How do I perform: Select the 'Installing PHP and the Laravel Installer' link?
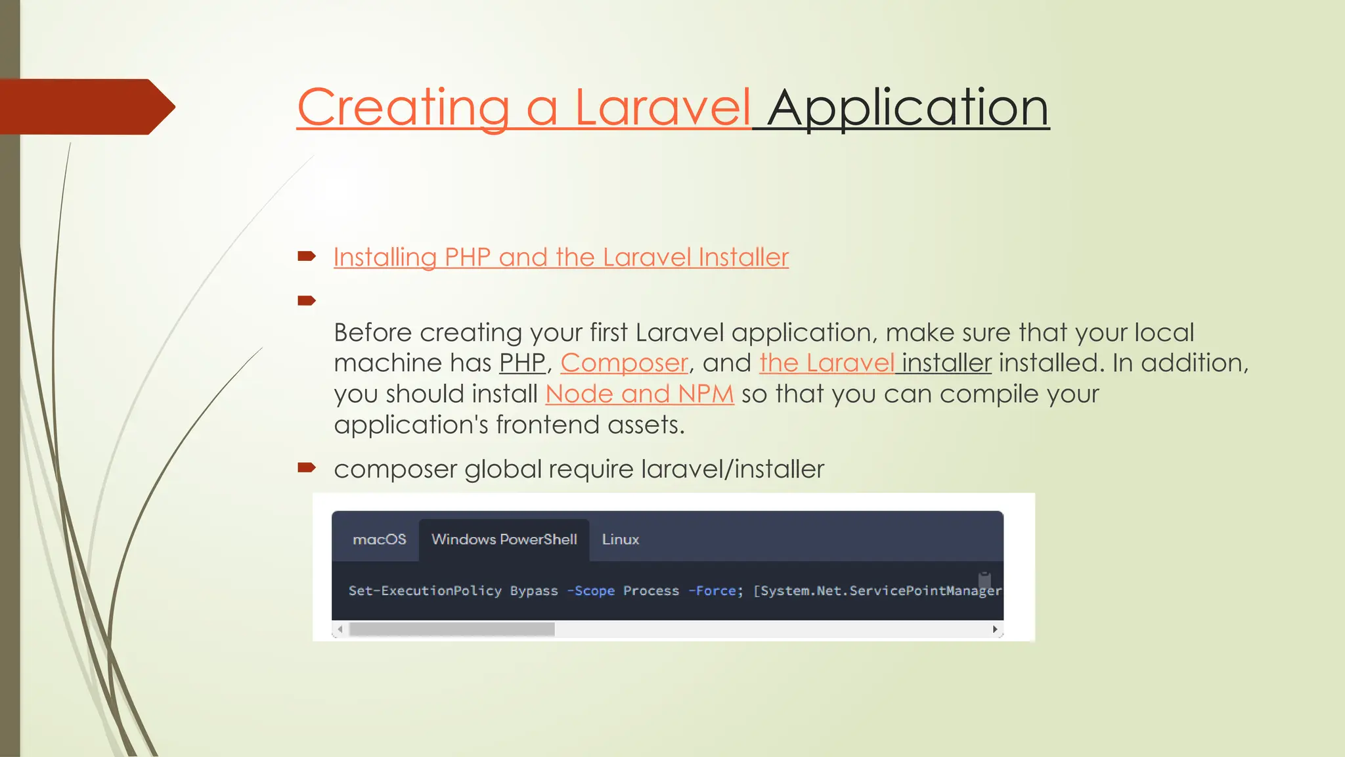pos(561,257)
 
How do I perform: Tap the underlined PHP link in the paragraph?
pos(522,363)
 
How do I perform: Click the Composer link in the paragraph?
pos(624,363)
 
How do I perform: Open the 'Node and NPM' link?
pos(639,394)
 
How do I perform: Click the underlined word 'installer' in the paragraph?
pos(946,363)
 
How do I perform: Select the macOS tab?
pos(379,539)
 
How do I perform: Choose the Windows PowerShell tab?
pos(504,539)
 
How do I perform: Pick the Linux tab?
pos(620,539)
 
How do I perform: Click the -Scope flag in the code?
pos(591,591)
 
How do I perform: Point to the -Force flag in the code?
pos(713,591)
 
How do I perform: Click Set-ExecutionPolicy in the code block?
pos(425,591)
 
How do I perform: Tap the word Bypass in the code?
pos(534,591)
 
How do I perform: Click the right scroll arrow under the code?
pos(995,630)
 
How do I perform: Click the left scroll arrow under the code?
pos(340,630)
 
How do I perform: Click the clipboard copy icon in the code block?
pos(984,579)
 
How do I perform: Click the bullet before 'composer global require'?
pos(307,468)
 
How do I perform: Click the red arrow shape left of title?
pos(85,106)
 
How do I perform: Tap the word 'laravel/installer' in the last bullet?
pos(732,469)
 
